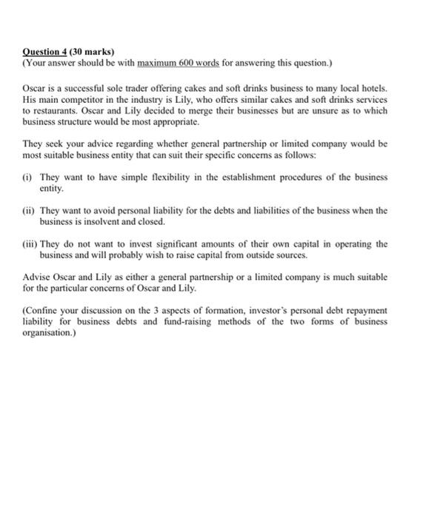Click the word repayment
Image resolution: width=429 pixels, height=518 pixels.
click(365, 312)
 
